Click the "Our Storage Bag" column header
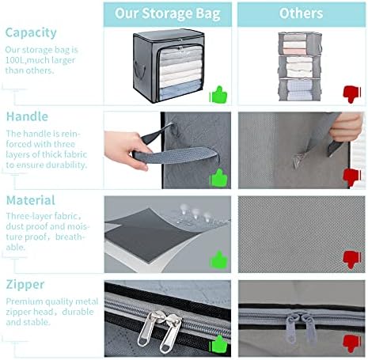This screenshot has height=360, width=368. (168, 13)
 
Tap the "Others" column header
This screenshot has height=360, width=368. (301, 13)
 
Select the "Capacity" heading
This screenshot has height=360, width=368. (31, 33)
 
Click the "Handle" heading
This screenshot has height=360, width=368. (27, 116)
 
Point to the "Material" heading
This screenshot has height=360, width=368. (31, 200)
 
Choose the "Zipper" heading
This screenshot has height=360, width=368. (25, 285)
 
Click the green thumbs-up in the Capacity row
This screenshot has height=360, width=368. (218, 94)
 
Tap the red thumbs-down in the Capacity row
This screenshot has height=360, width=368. (352, 94)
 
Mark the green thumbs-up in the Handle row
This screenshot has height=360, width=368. (218, 178)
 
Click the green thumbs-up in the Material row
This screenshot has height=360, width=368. (218, 260)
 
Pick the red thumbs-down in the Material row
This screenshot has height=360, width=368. (352, 260)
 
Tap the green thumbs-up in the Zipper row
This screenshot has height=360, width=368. (218, 344)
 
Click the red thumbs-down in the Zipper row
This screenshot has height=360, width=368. (352, 344)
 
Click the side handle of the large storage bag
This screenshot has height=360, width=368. (140, 70)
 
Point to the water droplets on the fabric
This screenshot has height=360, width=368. (195, 214)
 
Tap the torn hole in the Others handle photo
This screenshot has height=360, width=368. (298, 160)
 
